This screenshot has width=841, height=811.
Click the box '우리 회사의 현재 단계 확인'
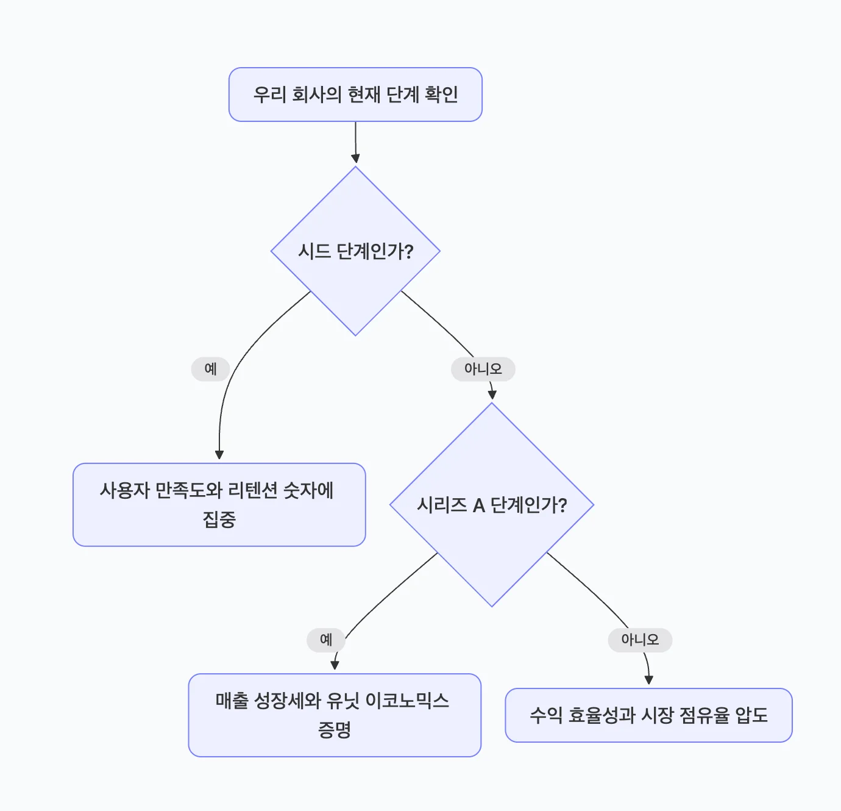(x=355, y=95)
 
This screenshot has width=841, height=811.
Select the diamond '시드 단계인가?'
(x=355, y=251)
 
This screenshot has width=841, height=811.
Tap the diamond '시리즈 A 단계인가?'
(x=491, y=505)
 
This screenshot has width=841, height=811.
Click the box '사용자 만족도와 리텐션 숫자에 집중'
(x=219, y=505)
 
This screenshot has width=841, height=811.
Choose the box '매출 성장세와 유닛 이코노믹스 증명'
(x=335, y=715)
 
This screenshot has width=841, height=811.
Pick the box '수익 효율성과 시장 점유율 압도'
(x=648, y=715)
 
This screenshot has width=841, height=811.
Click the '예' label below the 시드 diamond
(x=210, y=369)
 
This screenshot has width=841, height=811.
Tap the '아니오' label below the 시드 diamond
(x=483, y=369)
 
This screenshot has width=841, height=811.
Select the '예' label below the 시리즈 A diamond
(x=326, y=640)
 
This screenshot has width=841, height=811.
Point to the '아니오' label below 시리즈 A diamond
(x=640, y=640)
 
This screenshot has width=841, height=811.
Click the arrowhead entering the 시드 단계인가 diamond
(x=355, y=159)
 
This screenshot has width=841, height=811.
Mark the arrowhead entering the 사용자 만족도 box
(x=219, y=455)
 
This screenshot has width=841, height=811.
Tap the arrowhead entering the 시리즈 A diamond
(x=492, y=395)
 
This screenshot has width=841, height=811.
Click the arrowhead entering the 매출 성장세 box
(x=335, y=665)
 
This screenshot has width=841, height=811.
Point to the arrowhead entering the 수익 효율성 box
(x=648, y=680)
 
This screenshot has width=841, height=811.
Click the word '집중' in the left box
(x=219, y=520)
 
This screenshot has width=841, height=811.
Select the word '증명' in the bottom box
(x=335, y=730)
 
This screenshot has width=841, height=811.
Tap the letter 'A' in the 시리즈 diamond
(x=478, y=506)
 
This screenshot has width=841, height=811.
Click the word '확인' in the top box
(x=441, y=95)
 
